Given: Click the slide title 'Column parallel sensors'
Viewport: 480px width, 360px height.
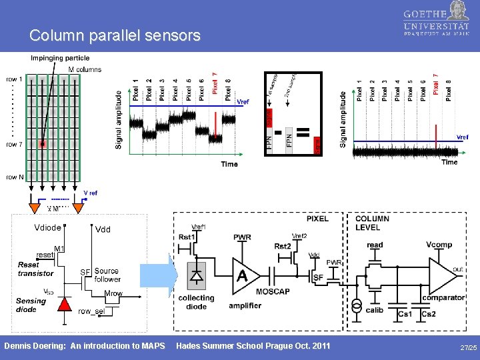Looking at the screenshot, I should (x=115, y=35).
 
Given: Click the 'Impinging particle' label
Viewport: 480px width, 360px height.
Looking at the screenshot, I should (x=59, y=58).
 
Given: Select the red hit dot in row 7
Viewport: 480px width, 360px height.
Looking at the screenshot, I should (x=43, y=143).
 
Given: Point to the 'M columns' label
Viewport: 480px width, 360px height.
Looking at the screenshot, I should (x=85, y=69).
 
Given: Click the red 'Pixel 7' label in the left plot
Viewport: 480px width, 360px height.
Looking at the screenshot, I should (x=215, y=83).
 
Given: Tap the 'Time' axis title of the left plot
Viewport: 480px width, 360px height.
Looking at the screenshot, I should (x=229, y=164).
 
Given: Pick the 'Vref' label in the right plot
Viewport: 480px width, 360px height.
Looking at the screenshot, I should (x=462, y=137).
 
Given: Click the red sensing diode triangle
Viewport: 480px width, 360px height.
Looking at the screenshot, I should (x=64, y=304).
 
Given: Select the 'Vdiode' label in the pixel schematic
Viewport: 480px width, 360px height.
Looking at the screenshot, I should (x=48, y=227).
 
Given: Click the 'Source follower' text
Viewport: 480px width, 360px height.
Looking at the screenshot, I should (x=107, y=275).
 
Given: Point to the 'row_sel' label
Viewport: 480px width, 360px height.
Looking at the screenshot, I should (x=92, y=311).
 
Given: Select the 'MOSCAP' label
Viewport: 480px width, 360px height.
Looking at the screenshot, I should (x=273, y=292).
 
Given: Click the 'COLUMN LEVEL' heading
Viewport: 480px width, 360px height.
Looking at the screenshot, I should (x=373, y=223).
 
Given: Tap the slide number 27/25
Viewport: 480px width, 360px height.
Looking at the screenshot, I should (x=468, y=348).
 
